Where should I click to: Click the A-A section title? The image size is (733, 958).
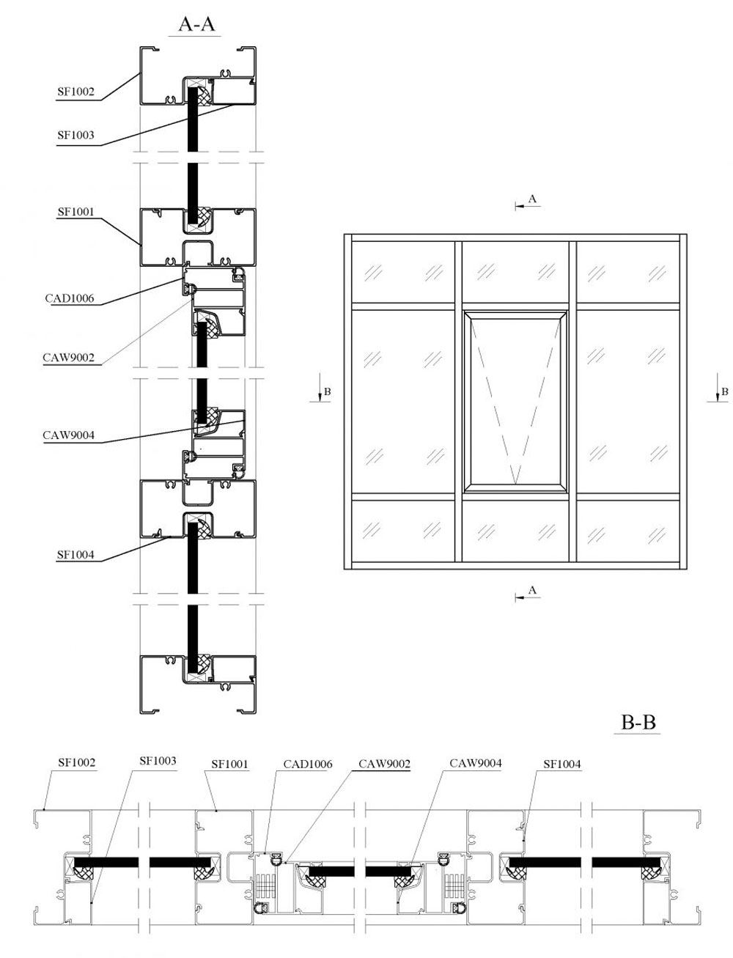point(196,24)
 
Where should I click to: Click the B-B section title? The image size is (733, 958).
point(638,722)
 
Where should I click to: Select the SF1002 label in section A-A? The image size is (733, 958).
point(76,92)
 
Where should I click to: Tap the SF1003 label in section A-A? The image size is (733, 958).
point(76,135)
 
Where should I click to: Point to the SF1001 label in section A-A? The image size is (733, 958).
point(76,212)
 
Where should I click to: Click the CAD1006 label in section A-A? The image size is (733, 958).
point(70,298)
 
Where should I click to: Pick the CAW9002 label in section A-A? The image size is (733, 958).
point(68,358)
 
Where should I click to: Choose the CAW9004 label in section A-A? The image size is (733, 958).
point(68,435)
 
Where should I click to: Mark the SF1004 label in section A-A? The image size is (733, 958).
point(75,555)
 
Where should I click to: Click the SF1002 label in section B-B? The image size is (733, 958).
point(77,762)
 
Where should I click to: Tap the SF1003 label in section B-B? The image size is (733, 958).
point(158,761)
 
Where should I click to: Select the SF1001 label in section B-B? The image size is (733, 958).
point(229,764)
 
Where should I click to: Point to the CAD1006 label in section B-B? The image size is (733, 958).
point(308,764)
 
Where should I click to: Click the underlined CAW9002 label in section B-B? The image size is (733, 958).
point(384,764)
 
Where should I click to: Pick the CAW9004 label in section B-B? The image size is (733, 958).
point(476,763)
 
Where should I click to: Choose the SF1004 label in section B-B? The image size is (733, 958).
point(562,764)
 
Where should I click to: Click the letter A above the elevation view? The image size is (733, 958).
point(532,199)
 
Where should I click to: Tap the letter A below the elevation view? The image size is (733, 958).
point(532,590)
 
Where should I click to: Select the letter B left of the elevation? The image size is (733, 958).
point(327,391)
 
